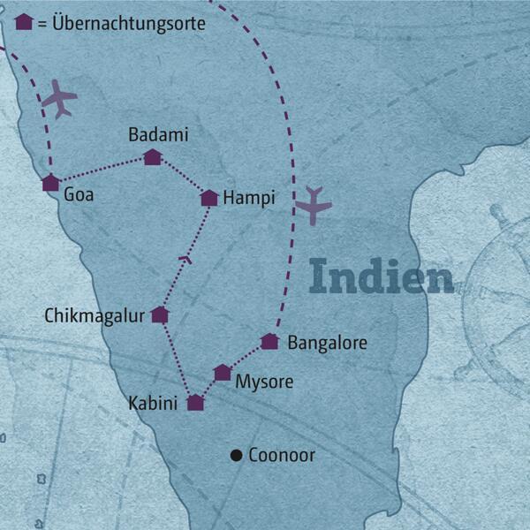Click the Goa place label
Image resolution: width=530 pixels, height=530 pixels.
[79, 194]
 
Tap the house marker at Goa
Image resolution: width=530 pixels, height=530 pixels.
[51, 183]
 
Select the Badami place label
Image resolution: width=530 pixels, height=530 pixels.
[158, 135]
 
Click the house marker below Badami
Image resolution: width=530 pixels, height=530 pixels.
[153, 157]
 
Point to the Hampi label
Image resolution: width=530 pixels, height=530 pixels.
[249, 199]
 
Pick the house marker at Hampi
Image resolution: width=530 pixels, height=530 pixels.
[209, 198]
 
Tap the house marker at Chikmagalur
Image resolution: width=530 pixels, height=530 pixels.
[160, 314]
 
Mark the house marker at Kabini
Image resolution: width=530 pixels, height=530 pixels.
[196, 403]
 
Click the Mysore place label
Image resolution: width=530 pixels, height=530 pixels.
[263, 382]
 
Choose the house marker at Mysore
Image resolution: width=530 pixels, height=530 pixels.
[223, 373]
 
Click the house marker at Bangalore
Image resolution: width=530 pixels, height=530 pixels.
[270, 341]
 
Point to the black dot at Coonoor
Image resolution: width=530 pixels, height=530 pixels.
[236, 456]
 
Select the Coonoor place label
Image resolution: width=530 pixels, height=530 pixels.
[282, 456]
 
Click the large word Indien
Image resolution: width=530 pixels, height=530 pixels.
[382, 277]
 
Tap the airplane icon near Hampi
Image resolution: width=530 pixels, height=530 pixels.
[313, 206]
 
